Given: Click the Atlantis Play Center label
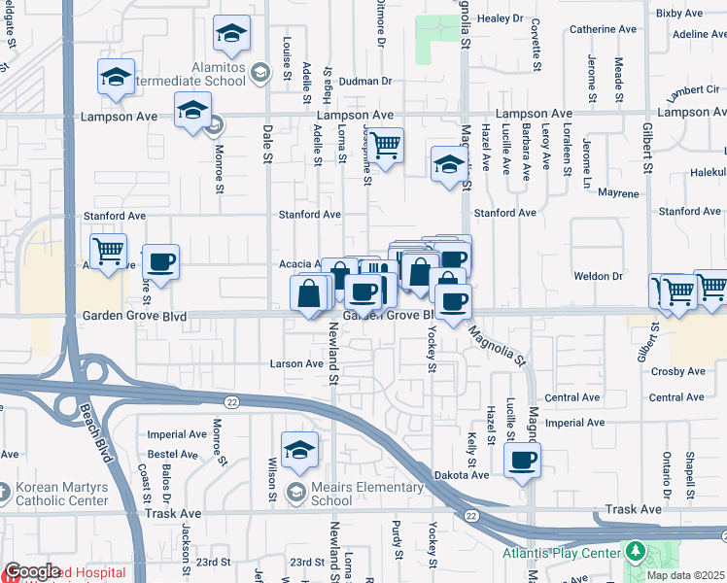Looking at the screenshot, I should click(x=561, y=554).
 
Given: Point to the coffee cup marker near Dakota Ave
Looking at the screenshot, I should click(x=523, y=459).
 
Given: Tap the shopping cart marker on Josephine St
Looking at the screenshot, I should click(x=386, y=146).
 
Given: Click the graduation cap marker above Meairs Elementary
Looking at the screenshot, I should click(x=300, y=449).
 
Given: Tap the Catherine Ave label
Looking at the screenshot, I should click(x=604, y=29).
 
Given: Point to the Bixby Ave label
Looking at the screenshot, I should click(x=679, y=14).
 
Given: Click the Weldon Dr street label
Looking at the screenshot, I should click(x=605, y=276).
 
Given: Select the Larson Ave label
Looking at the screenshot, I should click(x=295, y=364).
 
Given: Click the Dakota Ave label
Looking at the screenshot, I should click(x=461, y=475).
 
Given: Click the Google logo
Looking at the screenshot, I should click(x=32, y=572).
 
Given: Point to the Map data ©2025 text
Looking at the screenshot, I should click(x=686, y=575).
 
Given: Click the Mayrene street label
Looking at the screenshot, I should click(x=618, y=193).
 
